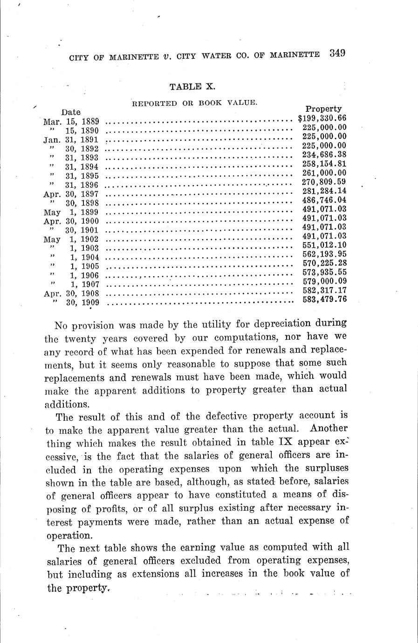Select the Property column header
coord(323,109)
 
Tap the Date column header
coord(71,112)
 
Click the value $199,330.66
coord(322,119)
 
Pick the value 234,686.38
coord(324,155)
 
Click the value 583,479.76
coord(324,299)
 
